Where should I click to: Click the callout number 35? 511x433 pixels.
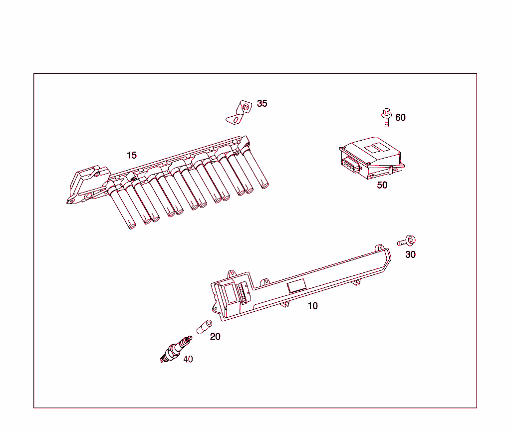click(262, 103)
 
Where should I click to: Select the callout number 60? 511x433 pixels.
click(400, 117)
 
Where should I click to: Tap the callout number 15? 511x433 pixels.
click(131, 155)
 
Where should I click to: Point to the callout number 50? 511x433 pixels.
click(382, 185)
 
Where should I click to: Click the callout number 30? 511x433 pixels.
click(410, 254)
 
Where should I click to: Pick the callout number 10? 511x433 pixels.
click(312, 306)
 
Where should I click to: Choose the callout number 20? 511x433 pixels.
click(215, 337)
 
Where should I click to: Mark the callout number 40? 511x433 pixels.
click(188, 359)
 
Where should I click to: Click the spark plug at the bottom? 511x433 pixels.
click(176, 349)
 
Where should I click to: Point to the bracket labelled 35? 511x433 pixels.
click(239, 113)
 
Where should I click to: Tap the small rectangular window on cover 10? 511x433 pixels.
click(296, 286)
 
